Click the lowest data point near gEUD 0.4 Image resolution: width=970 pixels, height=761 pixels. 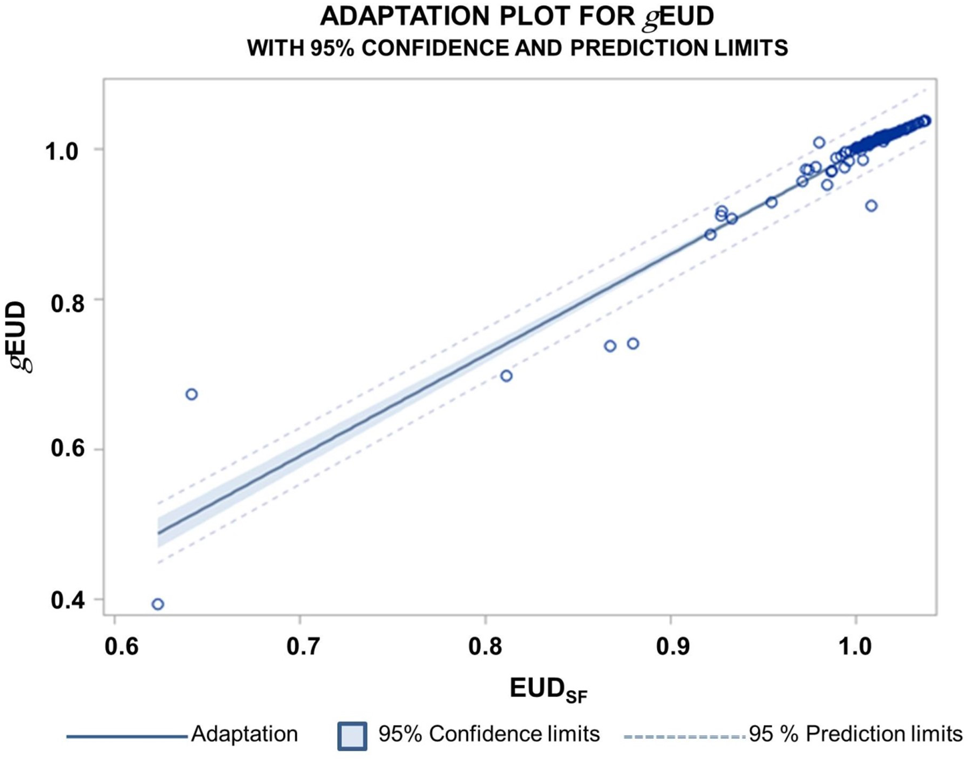click(x=157, y=604)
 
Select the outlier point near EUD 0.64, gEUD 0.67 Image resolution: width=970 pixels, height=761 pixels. click(x=191, y=394)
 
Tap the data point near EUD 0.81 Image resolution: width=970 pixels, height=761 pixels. click(x=506, y=376)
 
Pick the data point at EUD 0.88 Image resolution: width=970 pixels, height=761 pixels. click(x=633, y=343)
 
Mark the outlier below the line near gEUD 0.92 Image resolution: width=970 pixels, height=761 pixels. click(x=871, y=206)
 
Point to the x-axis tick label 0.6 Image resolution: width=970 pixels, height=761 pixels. click(x=122, y=647)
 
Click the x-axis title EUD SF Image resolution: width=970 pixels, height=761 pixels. click(x=548, y=690)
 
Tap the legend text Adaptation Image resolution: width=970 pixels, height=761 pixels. click(x=244, y=734)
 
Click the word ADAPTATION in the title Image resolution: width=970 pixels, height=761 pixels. click(x=405, y=17)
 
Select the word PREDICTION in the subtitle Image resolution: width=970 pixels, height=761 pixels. click(x=638, y=48)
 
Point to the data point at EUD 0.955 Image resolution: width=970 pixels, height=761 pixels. click(x=771, y=202)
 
